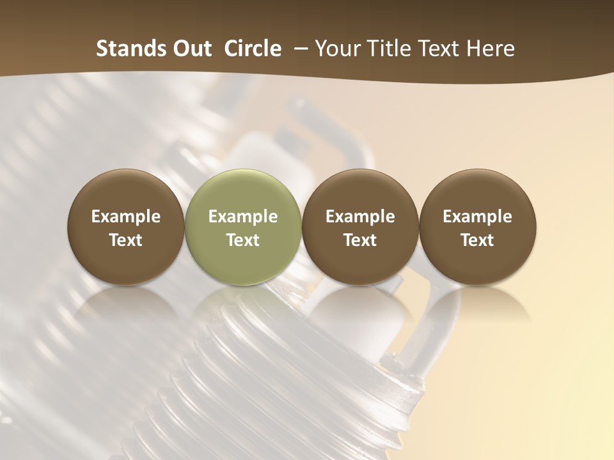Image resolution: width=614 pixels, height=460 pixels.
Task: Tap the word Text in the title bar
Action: pyautogui.click(x=444, y=49)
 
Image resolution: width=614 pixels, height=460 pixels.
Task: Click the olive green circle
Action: pyautogui.click(x=243, y=227)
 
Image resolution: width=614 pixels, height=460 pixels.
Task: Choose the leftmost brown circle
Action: pyautogui.click(x=126, y=227)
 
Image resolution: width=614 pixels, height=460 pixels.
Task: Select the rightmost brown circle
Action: pyautogui.click(x=478, y=227)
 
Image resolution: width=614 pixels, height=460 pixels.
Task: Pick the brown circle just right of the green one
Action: pyautogui.click(x=360, y=227)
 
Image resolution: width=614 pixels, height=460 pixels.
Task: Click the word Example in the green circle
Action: pyautogui.click(x=243, y=217)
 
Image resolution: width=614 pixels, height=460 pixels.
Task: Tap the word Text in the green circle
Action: pyautogui.click(x=243, y=240)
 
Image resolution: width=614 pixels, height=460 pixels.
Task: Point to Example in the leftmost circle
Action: pyautogui.click(x=126, y=217)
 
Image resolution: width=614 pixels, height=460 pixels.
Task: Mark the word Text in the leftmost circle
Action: pyautogui.click(x=126, y=240)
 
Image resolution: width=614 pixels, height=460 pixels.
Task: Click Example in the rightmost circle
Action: pyautogui.click(x=478, y=217)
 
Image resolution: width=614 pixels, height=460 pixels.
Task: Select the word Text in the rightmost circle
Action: pyautogui.click(x=478, y=240)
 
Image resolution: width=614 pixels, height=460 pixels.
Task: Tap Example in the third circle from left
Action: pyautogui.click(x=360, y=217)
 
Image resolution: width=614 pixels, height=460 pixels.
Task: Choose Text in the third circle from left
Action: pyautogui.click(x=360, y=240)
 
